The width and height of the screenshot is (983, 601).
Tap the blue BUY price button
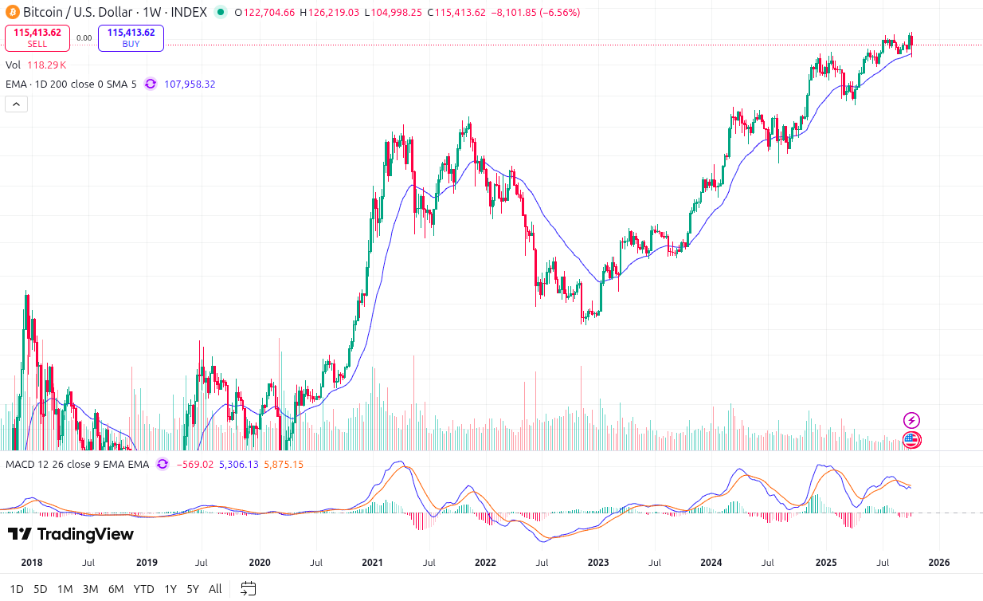131,37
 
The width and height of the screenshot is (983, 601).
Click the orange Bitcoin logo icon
12,12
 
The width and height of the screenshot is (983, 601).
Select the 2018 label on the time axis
32,562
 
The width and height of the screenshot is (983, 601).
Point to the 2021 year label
372,562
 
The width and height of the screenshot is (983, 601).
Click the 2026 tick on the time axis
939,562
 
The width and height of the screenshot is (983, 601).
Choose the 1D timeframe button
17,589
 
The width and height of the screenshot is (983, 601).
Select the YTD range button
143,589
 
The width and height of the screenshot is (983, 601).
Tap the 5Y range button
193,589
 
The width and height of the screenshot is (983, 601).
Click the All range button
215,589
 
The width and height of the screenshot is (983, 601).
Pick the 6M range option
116,589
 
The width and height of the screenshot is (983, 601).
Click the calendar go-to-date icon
249,589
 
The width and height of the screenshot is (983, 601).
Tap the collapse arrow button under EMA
17,104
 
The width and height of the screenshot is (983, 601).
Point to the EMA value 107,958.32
190,84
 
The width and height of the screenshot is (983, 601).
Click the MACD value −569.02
194,464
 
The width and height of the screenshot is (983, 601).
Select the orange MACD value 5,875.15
283,464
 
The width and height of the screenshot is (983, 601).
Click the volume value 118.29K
47,65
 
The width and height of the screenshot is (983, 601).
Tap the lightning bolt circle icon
911,420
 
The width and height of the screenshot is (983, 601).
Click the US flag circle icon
911,438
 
